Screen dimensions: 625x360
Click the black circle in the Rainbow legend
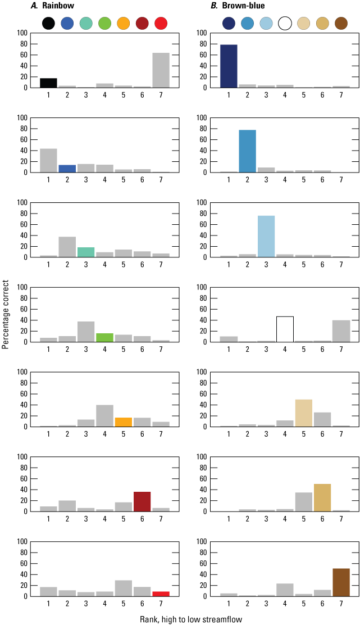(x=48, y=23)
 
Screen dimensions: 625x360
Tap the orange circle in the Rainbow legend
(x=124, y=23)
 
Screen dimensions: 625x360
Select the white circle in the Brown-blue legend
(x=285, y=23)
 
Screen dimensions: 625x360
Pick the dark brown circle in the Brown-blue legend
(x=341, y=23)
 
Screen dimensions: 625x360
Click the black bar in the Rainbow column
(x=48, y=83)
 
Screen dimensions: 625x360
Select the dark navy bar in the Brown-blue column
(x=229, y=66)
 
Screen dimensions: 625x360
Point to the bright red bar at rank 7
(x=161, y=594)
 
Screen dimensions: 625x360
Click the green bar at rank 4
(x=104, y=338)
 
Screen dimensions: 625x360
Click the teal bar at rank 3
(x=86, y=252)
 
